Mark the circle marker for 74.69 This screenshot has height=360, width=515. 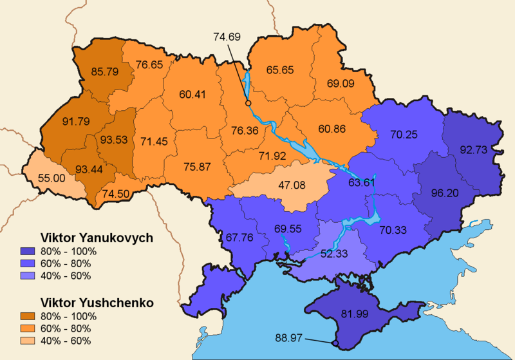pos(248,102)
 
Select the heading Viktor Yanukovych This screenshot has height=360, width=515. pos(97,238)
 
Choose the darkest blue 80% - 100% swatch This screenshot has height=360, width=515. pos(48,251)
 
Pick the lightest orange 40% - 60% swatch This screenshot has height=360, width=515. pos(48,341)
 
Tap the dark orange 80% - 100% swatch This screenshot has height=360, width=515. pos(48,316)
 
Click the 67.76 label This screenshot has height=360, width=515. pos(240,236)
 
